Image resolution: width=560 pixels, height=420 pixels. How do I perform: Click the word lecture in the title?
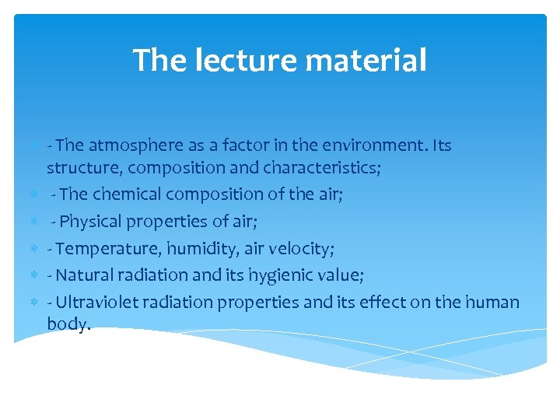tap(236, 60)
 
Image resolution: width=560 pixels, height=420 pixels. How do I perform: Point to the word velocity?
tap(296, 249)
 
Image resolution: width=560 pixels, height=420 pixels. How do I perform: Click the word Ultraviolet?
tap(96, 302)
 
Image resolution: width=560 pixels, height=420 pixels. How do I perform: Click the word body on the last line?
tap(67, 325)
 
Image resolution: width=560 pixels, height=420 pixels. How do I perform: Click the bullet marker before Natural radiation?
tap(35, 275)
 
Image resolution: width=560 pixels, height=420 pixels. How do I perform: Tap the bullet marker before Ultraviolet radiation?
tap(35, 302)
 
